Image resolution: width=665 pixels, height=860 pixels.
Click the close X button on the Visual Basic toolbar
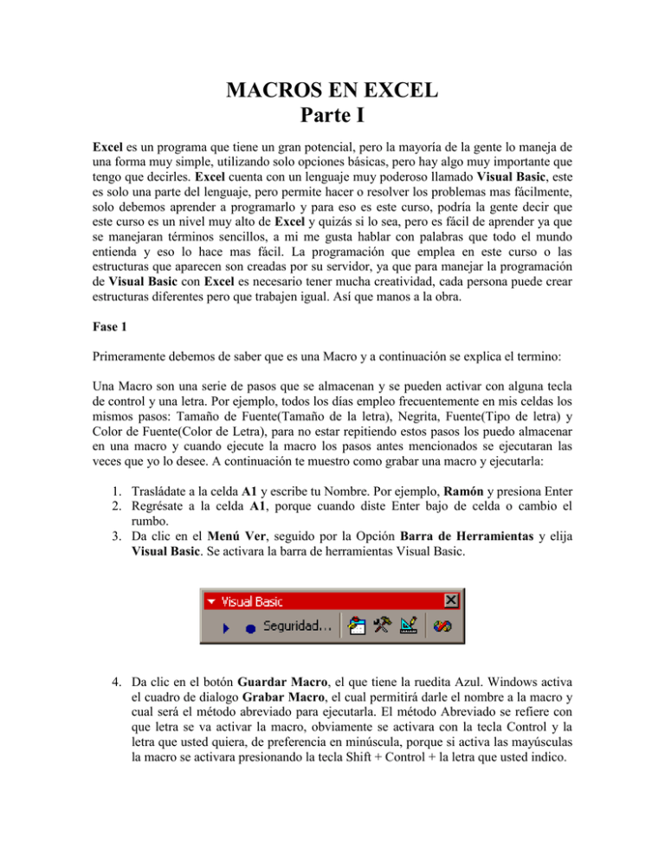tap(451, 600)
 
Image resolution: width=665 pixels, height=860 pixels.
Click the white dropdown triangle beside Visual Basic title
tap(210, 600)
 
